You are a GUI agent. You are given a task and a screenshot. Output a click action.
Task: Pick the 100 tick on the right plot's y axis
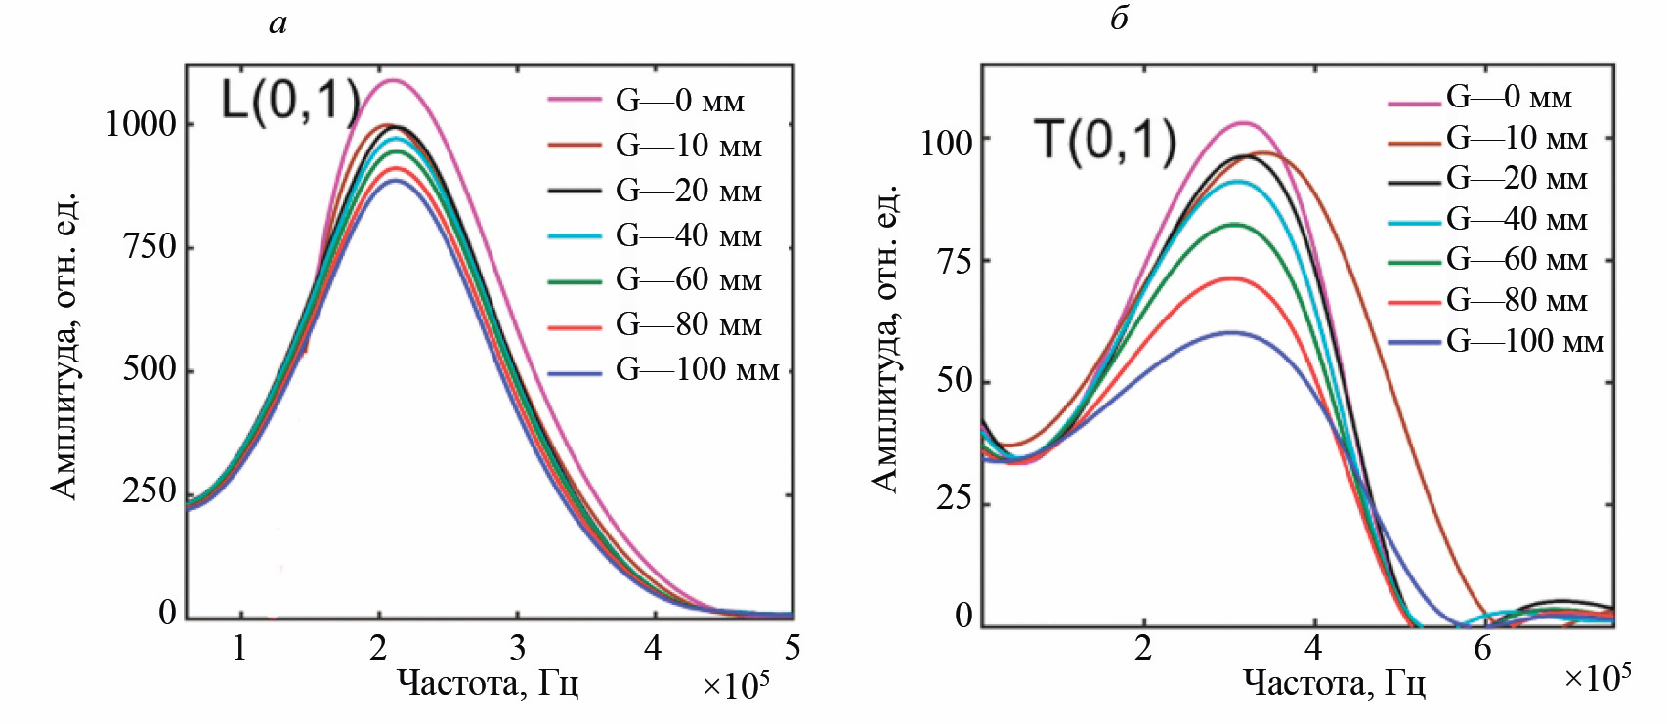click(947, 143)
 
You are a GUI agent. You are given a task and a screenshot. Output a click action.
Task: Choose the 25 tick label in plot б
click(955, 499)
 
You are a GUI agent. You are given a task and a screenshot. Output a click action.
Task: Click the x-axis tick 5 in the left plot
click(792, 648)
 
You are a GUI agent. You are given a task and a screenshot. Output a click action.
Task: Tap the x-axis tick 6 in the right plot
click(1483, 649)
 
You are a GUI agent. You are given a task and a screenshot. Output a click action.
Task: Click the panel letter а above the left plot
click(278, 22)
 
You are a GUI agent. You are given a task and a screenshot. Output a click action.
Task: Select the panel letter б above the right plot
click(1120, 19)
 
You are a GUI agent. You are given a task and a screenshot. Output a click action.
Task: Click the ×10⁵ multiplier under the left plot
click(736, 685)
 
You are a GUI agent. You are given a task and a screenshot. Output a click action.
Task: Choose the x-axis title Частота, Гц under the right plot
click(1334, 682)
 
